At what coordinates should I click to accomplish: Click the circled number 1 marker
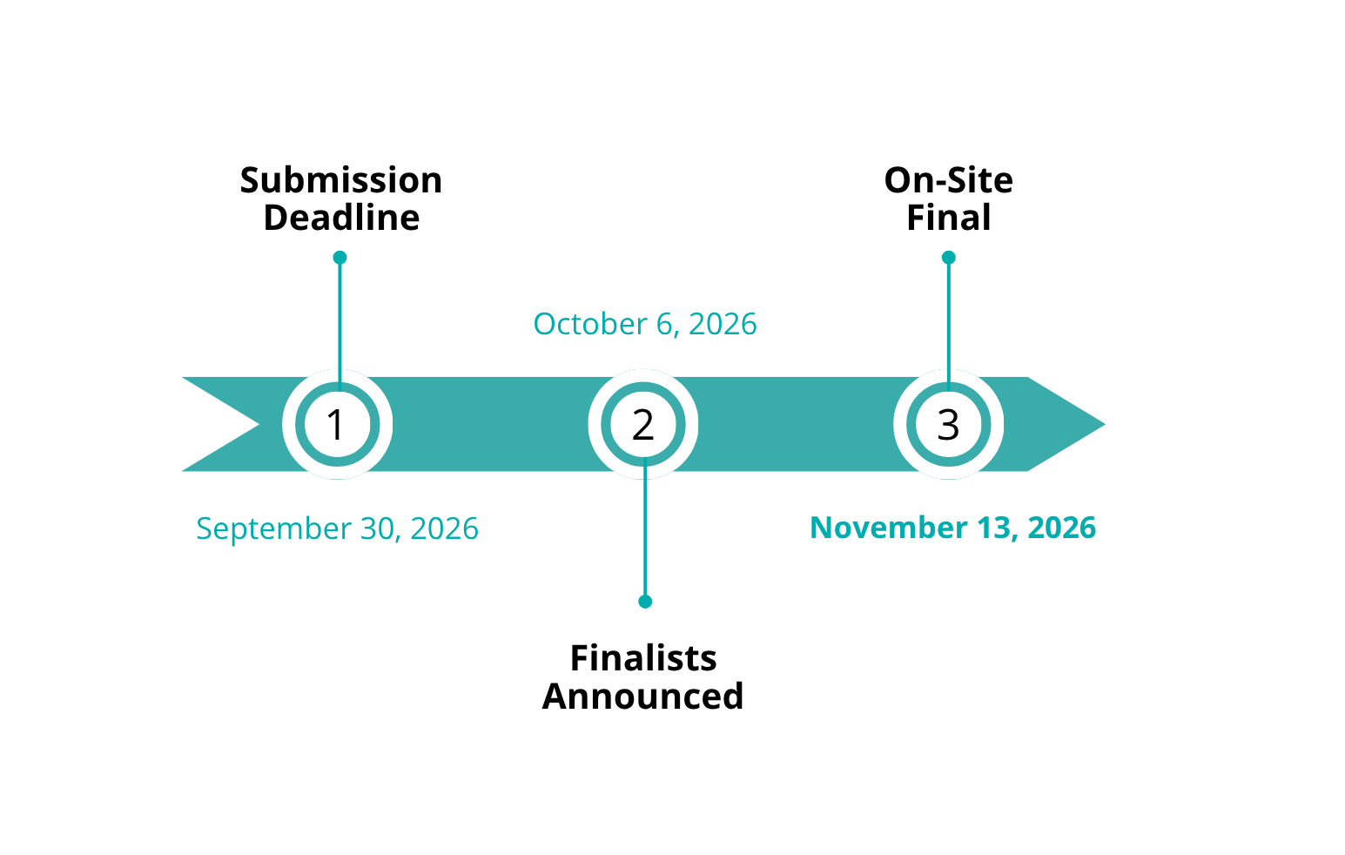(x=338, y=425)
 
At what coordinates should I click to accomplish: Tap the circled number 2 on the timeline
(x=643, y=425)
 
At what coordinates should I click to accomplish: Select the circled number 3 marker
(x=949, y=425)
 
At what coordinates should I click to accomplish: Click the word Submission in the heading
(x=341, y=180)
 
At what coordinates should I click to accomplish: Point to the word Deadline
(x=341, y=218)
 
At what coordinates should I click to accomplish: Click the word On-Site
(x=949, y=180)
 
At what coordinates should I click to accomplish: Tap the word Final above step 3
(x=949, y=218)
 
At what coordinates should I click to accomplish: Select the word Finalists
(x=643, y=658)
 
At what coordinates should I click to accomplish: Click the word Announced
(x=643, y=696)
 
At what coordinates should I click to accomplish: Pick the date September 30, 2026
(x=338, y=529)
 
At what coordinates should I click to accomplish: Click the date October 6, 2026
(x=645, y=324)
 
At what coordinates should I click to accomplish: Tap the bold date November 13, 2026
(x=953, y=528)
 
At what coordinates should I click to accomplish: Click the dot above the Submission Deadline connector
(x=340, y=258)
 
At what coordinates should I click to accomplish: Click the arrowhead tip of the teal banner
(x=1105, y=425)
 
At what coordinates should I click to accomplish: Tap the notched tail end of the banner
(x=259, y=425)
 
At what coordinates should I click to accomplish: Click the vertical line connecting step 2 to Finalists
(x=645, y=529)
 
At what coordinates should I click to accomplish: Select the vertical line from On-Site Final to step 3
(x=949, y=324)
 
